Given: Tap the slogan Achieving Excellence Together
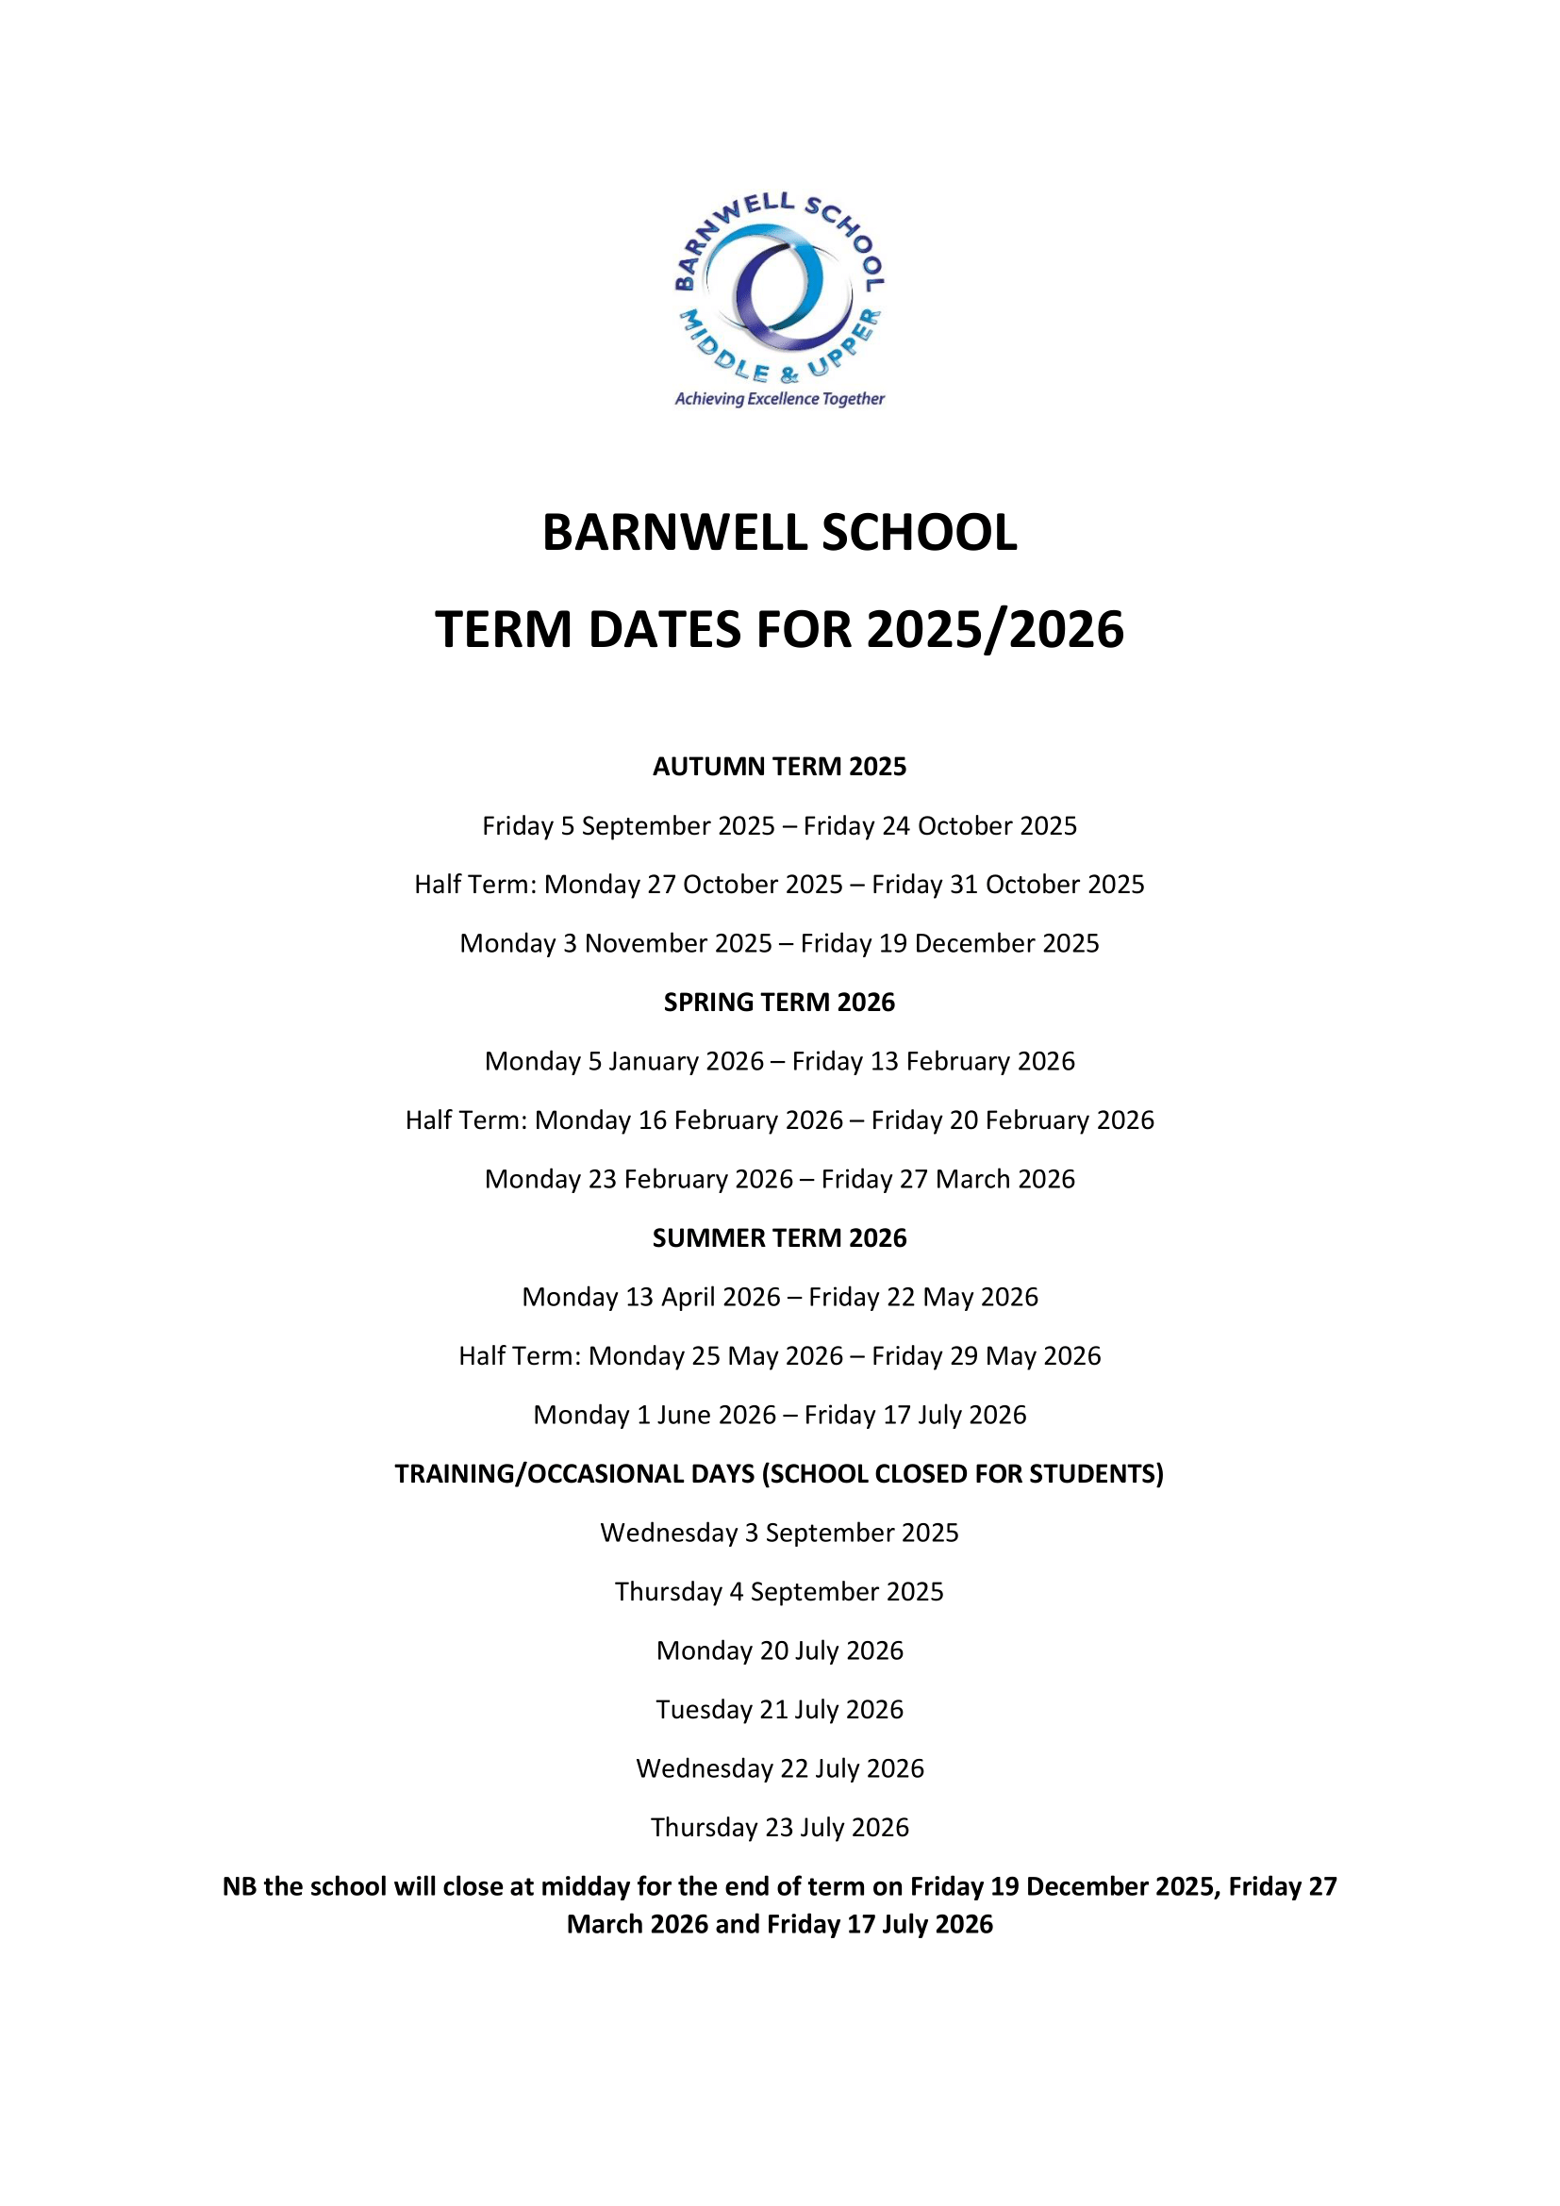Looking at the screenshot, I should [779, 399].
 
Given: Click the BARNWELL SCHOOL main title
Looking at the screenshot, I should [779, 532].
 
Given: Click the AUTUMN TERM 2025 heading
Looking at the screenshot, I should [779, 766].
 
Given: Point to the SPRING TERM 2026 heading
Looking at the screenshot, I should [779, 1003].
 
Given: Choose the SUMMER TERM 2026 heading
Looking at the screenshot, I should [779, 1237].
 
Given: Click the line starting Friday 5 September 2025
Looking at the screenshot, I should [779, 825].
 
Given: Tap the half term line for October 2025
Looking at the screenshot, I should [779, 884].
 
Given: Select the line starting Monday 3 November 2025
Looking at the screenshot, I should [779, 942].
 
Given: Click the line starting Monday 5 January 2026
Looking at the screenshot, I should [779, 1061].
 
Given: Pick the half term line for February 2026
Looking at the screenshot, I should [779, 1120].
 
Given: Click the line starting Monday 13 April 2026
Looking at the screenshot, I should [779, 1296].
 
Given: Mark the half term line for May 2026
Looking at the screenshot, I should [779, 1354].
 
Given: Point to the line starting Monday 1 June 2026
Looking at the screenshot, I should [779, 1415].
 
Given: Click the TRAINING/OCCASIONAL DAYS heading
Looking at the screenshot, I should [779, 1473].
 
